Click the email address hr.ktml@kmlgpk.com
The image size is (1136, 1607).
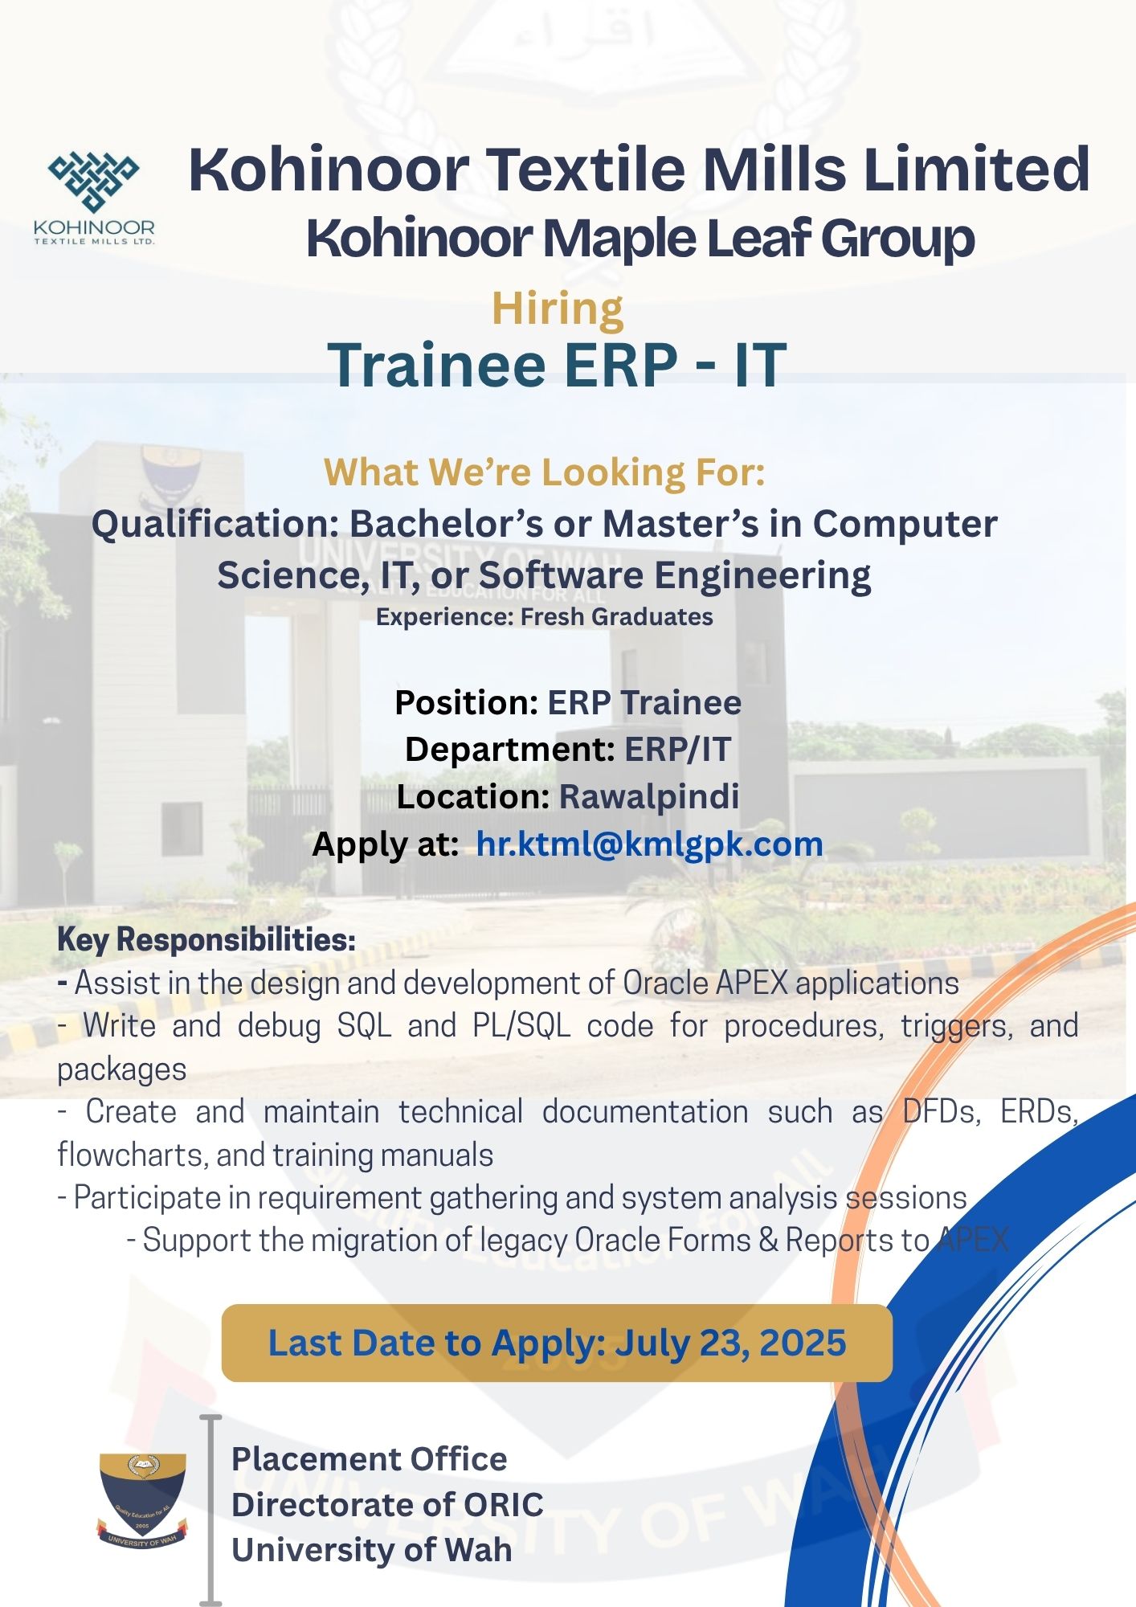[649, 844]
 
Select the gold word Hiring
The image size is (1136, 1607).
[558, 309]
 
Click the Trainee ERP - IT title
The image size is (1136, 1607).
[557, 365]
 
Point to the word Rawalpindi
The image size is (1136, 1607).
[649, 796]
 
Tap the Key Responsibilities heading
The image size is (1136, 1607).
[206, 940]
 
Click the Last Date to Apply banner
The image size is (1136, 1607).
[557, 1343]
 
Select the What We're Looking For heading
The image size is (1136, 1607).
[544, 472]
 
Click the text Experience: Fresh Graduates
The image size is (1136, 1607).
[544, 617]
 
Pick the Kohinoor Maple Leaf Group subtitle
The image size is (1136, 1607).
[640, 239]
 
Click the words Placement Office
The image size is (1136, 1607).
[369, 1459]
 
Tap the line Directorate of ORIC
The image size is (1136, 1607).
[387, 1504]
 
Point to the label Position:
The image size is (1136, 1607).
[466, 703]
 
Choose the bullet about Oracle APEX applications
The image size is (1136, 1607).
[509, 983]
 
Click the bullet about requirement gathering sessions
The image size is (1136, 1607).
[513, 1198]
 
